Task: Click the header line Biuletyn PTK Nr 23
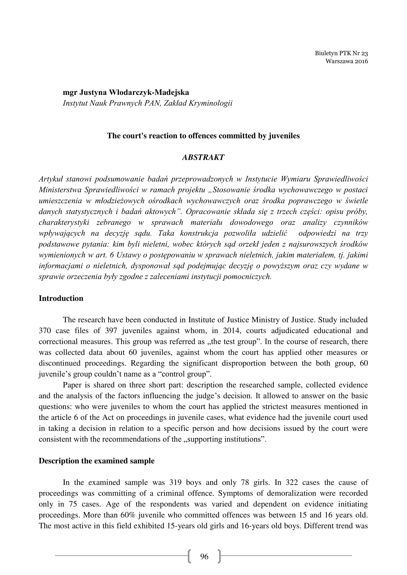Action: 341,53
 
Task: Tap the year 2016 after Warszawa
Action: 361,61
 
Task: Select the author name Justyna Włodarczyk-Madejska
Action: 134,92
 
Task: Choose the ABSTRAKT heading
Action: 203,157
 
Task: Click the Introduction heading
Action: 61,298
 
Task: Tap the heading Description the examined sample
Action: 96,461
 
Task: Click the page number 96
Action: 204,557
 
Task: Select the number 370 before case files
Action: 45,331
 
